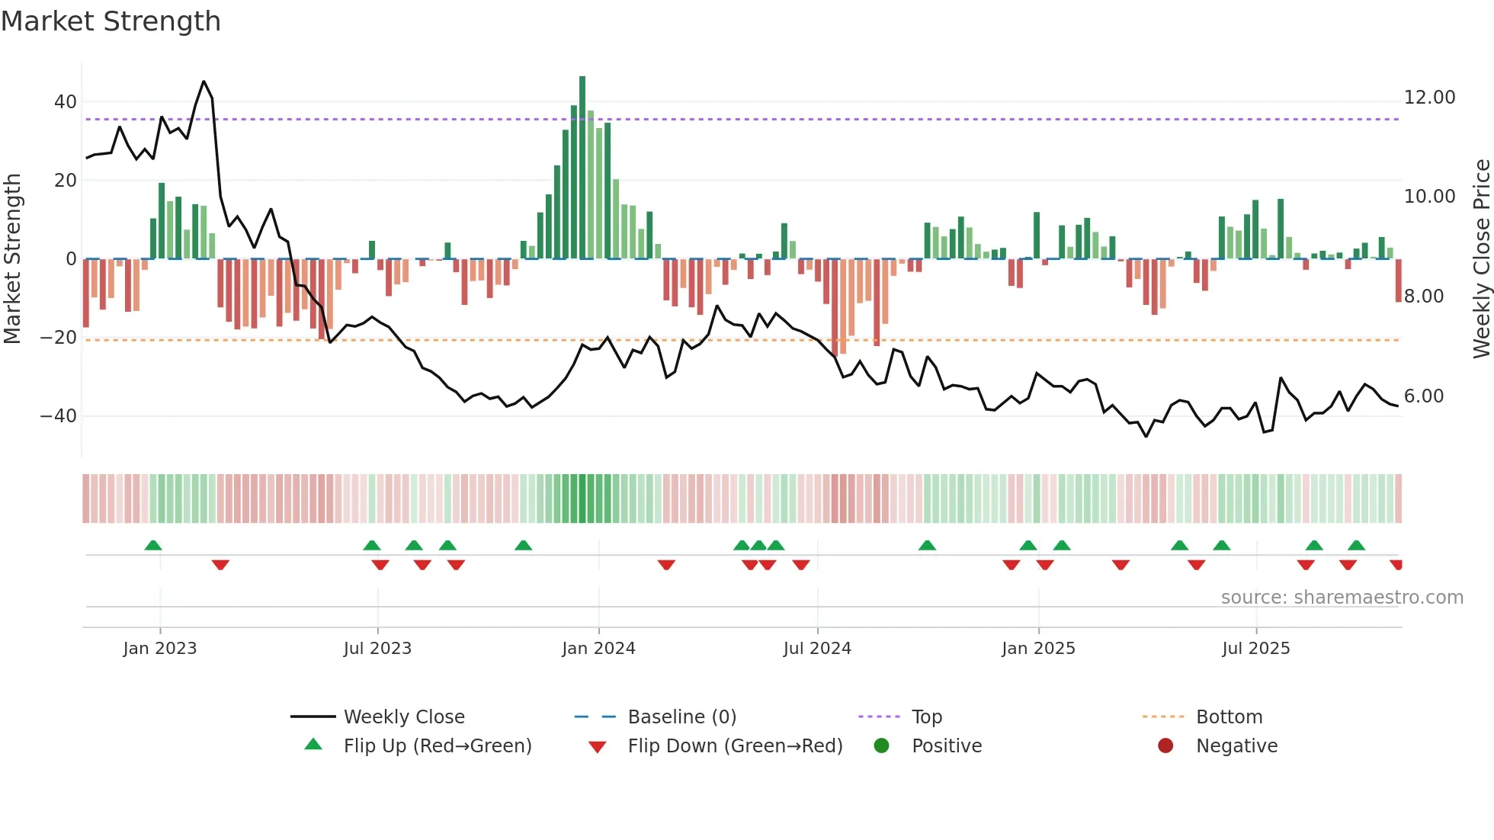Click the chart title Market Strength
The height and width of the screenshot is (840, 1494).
pos(111,21)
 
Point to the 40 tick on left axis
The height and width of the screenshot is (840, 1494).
pos(66,102)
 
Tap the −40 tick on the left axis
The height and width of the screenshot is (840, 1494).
pos(59,416)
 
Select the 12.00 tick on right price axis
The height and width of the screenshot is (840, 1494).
pos(1429,98)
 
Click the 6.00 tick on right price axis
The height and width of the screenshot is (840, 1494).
pos(1423,396)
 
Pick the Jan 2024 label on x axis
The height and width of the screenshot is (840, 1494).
pos(598,649)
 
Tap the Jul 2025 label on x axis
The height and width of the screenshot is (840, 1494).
pos(1255,649)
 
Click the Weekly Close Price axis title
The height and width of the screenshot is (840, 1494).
pos(1481,259)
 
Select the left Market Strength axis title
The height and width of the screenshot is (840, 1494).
pos(12,259)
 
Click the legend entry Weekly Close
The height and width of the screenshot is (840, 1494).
pos(403,717)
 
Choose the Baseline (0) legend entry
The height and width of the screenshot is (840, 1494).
pos(681,717)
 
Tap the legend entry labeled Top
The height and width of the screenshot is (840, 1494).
pos(927,717)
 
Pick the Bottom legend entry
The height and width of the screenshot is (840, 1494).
pos(1229,717)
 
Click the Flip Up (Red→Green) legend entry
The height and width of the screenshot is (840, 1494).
pos(437,746)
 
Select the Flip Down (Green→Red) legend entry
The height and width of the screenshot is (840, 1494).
pos(735,746)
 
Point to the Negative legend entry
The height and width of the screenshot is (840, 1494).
pos(1236,746)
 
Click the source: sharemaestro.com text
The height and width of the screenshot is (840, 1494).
pos(1342,598)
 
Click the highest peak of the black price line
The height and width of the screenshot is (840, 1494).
pos(204,82)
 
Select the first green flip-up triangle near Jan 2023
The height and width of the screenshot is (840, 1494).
pos(153,546)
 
